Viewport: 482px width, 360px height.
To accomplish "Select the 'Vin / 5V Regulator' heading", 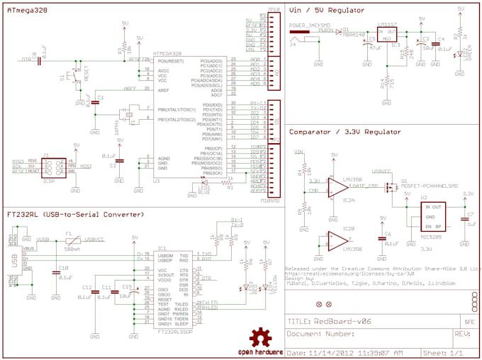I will pos(327,9).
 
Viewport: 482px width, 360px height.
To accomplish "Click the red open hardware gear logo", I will pos(261,338).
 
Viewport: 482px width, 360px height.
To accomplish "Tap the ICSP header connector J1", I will pos(53,168).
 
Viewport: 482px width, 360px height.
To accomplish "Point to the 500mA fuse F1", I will pos(69,243).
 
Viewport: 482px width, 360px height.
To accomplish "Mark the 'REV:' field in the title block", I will pos(461,333).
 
